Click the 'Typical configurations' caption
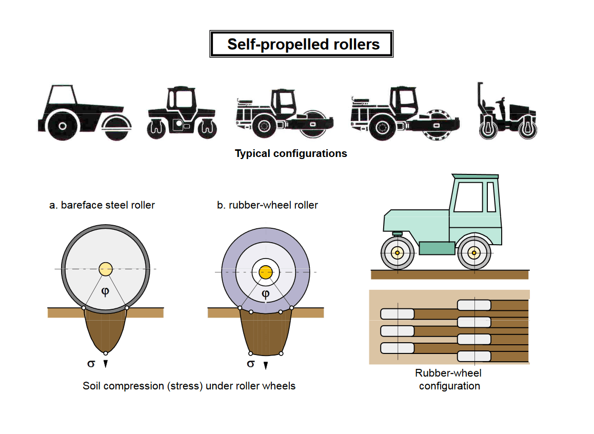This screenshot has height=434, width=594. coord(291,153)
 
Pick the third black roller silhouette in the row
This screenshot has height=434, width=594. coord(284,114)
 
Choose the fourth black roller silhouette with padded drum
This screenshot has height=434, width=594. coord(405,114)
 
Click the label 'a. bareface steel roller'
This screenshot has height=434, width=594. coord(102,205)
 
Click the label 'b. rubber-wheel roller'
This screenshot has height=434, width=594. coord(267,205)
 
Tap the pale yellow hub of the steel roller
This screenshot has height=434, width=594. coord(106,269)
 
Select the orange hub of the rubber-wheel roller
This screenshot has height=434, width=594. coord(265,272)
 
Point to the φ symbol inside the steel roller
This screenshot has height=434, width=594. coord(105,291)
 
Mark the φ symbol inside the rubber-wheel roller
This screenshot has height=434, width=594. coord(265,294)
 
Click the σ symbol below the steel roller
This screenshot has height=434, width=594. coord(91,363)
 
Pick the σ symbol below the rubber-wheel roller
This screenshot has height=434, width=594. coord(251,364)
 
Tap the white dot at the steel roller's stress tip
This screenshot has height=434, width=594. coord(106,353)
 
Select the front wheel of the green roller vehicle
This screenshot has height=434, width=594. coord(398,252)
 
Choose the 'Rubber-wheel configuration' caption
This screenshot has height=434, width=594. coord(449,380)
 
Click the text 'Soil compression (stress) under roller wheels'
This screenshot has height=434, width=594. coord(189,386)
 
